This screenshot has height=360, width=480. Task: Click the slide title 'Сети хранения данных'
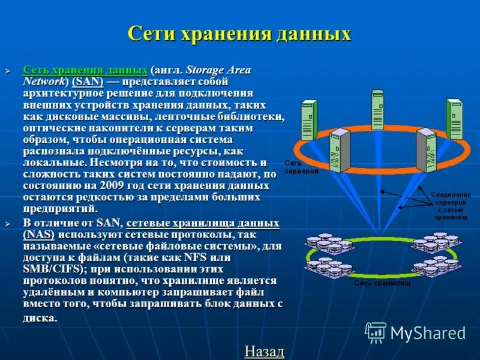(239, 33)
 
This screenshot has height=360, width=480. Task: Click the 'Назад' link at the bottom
(264, 351)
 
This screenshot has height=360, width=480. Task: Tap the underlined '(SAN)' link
(88, 82)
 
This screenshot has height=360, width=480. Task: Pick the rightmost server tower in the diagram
(454, 118)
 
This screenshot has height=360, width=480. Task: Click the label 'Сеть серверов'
(293, 167)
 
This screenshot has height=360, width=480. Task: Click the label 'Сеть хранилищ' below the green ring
(382, 283)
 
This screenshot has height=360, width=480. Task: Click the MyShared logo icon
(376, 332)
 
